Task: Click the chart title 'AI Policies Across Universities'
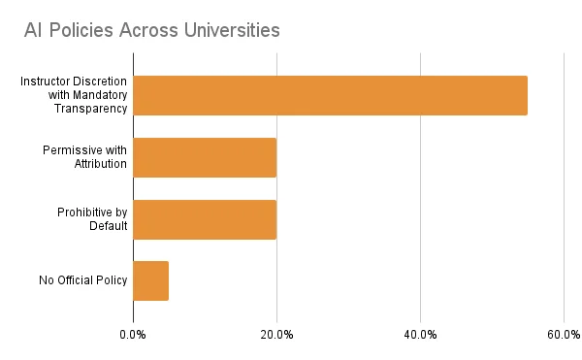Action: click(152, 30)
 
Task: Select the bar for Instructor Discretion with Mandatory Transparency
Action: click(330, 95)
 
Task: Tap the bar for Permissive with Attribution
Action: click(205, 157)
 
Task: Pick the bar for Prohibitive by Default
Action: click(205, 219)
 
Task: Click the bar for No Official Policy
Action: click(151, 280)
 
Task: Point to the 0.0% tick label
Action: click(133, 335)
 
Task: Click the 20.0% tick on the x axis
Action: click(276, 335)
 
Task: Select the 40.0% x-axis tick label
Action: click(420, 335)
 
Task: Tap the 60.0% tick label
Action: click(564, 335)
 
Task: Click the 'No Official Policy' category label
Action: click(83, 281)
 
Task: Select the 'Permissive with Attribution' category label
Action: click(85, 157)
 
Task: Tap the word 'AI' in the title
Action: click(34, 30)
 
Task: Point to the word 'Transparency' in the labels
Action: click(90, 109)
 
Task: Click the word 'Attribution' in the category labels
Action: click(101, 164)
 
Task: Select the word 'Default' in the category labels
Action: click(108, 226)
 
